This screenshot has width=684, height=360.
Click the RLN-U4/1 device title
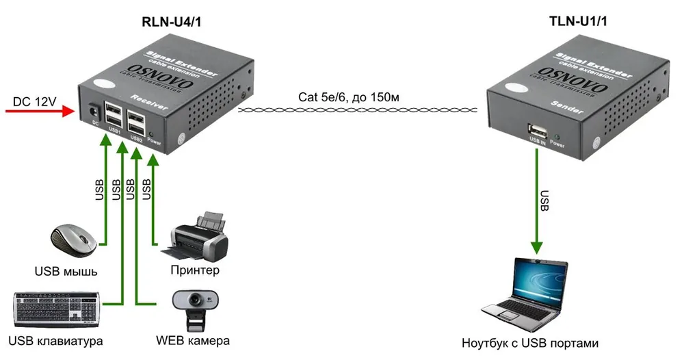point(172,22)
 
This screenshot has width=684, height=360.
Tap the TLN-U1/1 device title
point(578,21)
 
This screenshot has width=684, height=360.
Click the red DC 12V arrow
point(40,111)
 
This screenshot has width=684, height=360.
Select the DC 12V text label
point(34,102)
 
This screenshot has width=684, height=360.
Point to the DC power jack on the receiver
point(93,111)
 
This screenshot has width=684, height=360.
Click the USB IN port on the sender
point(538,130)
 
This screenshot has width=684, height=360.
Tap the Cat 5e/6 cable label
point(349,97)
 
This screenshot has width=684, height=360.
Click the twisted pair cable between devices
point(358,110)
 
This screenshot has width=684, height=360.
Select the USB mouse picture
point(73,239)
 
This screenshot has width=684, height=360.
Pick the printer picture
point(196,236)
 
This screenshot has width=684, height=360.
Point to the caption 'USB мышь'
point(66,272)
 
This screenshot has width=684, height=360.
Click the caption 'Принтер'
point(195,270)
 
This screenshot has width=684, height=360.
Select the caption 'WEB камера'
point(193,341)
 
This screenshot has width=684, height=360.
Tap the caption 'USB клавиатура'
point(55,341)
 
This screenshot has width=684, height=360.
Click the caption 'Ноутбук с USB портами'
point(530,343)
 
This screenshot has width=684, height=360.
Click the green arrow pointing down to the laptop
point(537,201)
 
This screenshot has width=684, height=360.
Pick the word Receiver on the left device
point(148,102)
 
